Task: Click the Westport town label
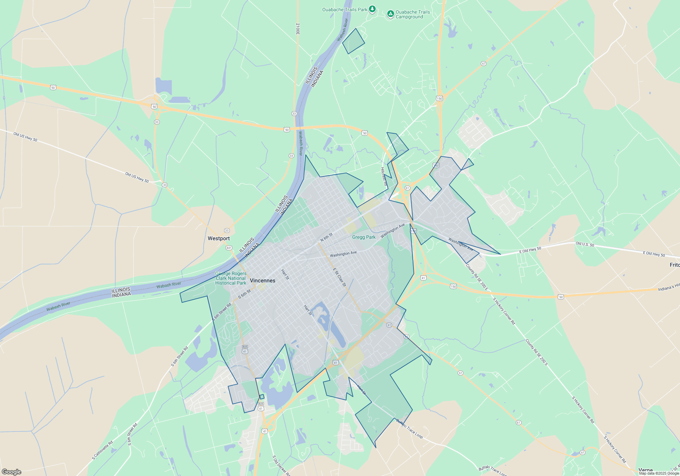[219, 238]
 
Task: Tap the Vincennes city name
[262, 280]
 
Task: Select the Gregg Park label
[363, 237]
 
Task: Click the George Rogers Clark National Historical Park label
[231, 278]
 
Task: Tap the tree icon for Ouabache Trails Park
[372, 9]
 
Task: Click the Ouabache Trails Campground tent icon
[391, 14]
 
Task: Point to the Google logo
[11, 472]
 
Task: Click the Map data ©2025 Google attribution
[659, 473]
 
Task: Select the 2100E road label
[297, 29]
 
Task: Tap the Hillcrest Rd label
[384, 176]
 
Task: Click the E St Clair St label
[339, 277]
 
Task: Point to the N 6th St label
[326, 237]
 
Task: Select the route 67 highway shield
[483, 64]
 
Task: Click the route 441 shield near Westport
[229, 248]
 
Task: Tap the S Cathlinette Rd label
[102, 450]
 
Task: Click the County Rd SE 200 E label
[477, 277]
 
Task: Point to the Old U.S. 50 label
[585, 244]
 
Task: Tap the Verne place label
[645, 470]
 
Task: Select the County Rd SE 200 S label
[537, 352]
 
